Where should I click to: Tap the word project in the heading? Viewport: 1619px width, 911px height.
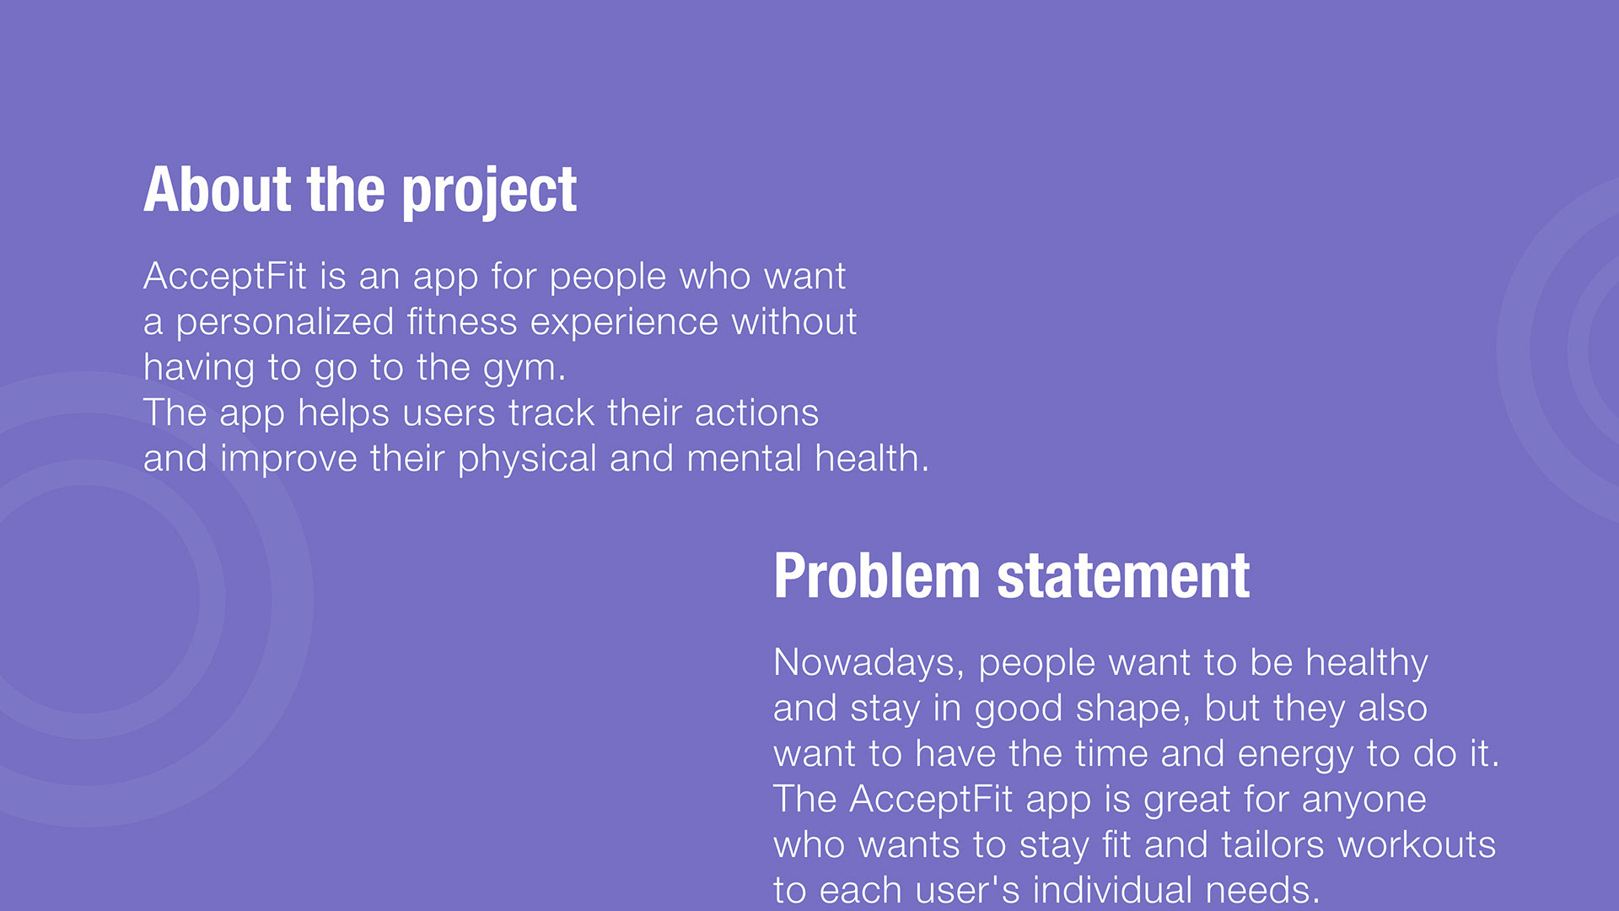(489, 192)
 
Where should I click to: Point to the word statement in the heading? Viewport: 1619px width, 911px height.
(1123, 577)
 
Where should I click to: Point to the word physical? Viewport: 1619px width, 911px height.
(527, 460)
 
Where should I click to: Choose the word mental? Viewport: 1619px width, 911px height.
(744, 459)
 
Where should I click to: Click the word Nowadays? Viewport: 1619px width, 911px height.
(869, 663)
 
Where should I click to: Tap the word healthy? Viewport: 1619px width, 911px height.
(1367, 664)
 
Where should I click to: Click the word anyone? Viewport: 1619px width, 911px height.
(1364, 800)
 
